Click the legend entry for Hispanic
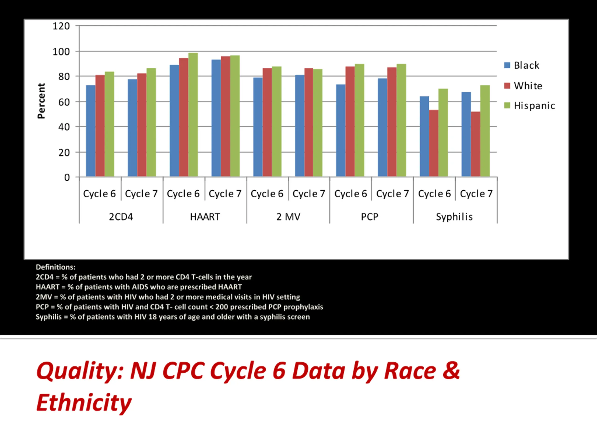pyautogui.click(x=534, y=106)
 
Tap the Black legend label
pyautogui.click(x=526, y=65)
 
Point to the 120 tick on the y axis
pyautogui.click(x=61, y=26)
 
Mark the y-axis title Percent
pyautogui.click(x=41, y=101)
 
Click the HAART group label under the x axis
pyautogui.click(x=205, y=217)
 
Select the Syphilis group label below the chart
pyautogui.click(x=454, y=217)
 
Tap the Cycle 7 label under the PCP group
pyautogui.click(x=392, y=194)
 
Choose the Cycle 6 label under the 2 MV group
pyautogui.click(x=267, y=194)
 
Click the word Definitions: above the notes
pyautogui.click(x=56, y=267)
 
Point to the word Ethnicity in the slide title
pyautogui.click(x=84, y=402)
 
